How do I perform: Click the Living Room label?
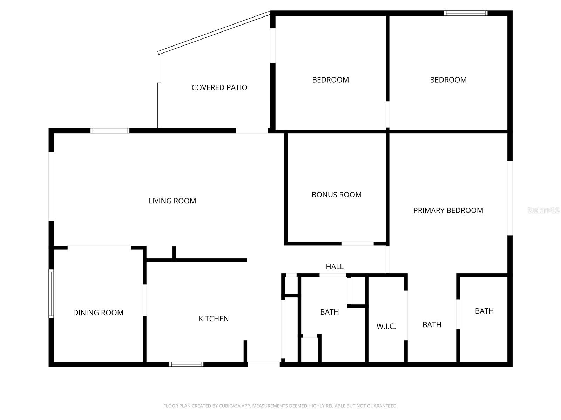(172, 201)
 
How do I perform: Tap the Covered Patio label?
(219, 87)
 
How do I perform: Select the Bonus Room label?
(336, 195)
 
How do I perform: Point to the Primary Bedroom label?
(448, 210)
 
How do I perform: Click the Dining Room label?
(98, 313)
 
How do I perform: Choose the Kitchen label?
(214, 318)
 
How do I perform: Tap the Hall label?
(334, 267)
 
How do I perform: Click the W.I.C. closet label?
(386, 327)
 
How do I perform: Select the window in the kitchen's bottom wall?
(186, 364)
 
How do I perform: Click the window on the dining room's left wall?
(51, 294)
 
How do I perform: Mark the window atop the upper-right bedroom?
(465, 13)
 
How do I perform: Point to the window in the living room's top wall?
(110, 131)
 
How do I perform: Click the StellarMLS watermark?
(543, 210)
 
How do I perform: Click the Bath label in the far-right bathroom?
(484, 311)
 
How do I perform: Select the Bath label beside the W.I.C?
(432, 325)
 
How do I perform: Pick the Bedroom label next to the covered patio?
(330, 80)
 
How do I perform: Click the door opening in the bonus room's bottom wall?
(357, 244)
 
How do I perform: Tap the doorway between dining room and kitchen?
(144, 300)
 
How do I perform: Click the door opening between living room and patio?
(252, 131)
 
